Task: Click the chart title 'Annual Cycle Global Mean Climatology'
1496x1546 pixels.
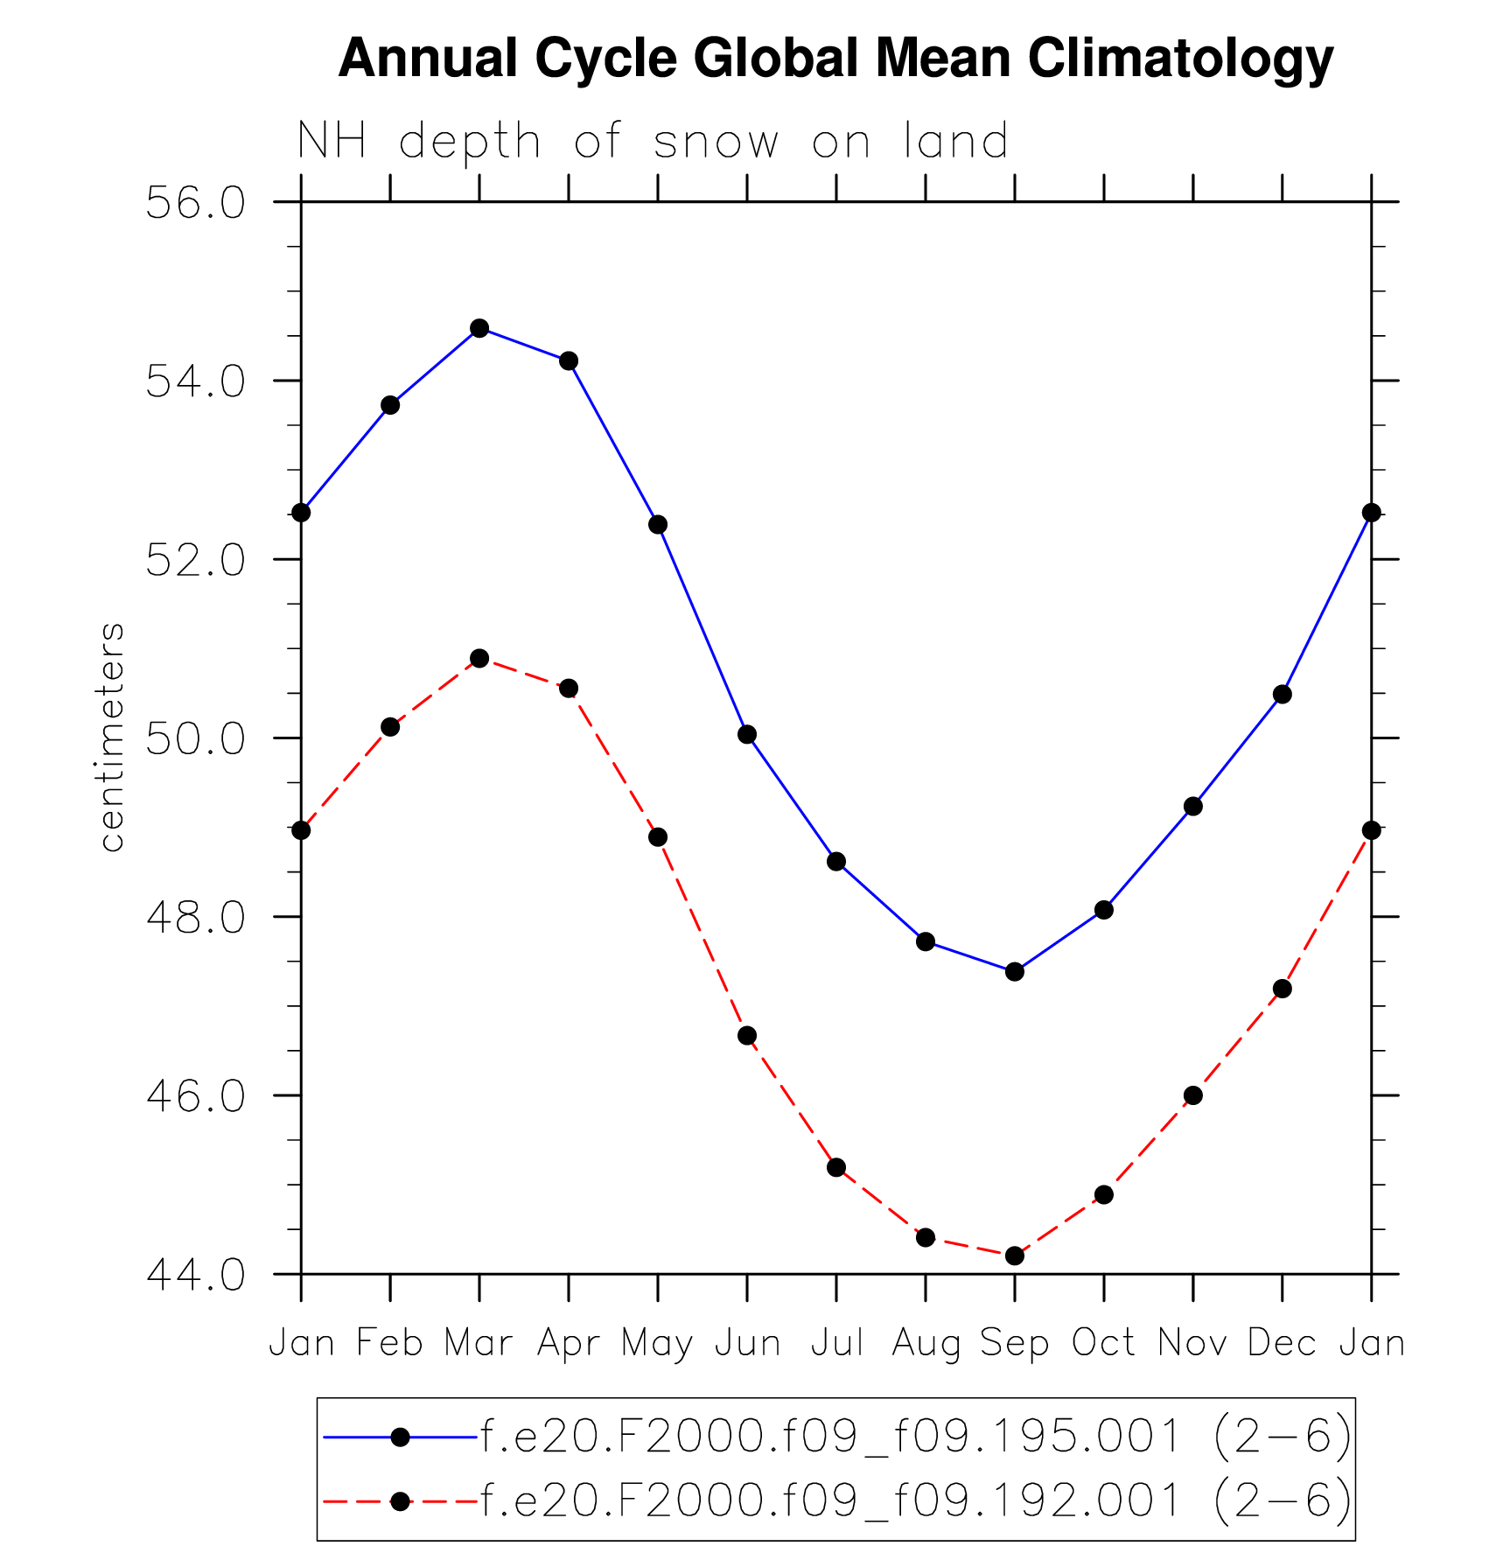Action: [835, 59]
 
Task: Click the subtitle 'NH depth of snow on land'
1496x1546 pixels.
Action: [653, 142]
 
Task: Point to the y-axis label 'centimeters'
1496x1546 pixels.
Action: [111, 737]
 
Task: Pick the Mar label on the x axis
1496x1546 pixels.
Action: [479, 1342]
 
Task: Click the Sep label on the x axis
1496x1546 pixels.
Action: [1014, 1342]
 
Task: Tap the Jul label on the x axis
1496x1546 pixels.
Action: [836, 1342]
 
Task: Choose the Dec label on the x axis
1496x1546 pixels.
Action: [1282, 1342]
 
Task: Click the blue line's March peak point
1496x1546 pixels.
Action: [479, 328]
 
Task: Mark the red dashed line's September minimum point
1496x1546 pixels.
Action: [1015, 1256]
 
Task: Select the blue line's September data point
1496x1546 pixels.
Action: [1015, 971]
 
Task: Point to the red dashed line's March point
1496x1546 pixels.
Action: [479, 658]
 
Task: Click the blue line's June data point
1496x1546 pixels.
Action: [747, 734]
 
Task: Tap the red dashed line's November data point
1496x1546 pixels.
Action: [1193, 1095]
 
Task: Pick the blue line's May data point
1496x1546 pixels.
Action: [658, 525]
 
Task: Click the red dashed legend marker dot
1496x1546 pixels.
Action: [400, 1501]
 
